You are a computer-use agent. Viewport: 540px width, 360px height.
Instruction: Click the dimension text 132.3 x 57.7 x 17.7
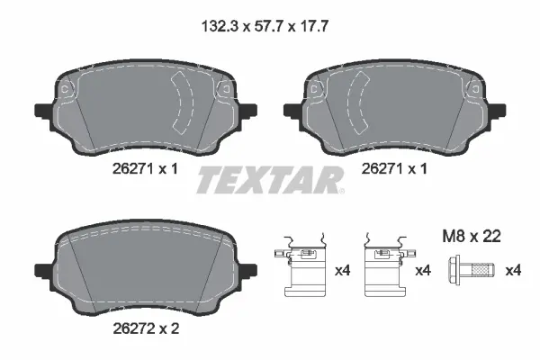click(x=269, y=27)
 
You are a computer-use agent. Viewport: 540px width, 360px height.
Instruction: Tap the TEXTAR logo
click(x=270, y=179)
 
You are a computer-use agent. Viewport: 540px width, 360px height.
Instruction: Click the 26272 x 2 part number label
click(x=144, y=329)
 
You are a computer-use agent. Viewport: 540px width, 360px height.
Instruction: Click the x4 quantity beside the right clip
click(x=423, y=271)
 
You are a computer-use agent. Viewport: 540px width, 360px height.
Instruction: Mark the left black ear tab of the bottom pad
click(x=41, y=269)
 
